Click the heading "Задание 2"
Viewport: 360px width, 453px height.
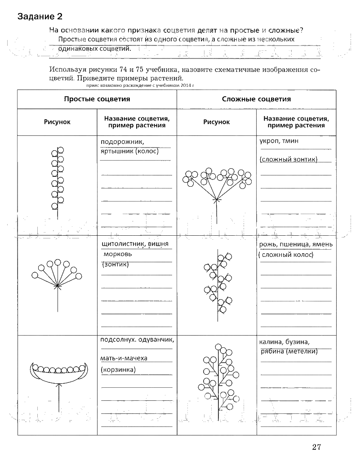point(40,17)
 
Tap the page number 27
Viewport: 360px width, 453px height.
point(316,446)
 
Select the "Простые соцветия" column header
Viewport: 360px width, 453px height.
point(97,99)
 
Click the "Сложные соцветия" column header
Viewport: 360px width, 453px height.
point(256,99)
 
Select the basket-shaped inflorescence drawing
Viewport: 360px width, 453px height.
point(58,378)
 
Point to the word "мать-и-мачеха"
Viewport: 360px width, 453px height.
point(124,358)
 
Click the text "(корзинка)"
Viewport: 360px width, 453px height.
point(119,369)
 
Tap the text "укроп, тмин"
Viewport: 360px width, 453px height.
point(279,141)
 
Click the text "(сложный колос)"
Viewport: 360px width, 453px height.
point(286,255)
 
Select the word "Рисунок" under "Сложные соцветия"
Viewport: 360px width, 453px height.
point(216,122)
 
